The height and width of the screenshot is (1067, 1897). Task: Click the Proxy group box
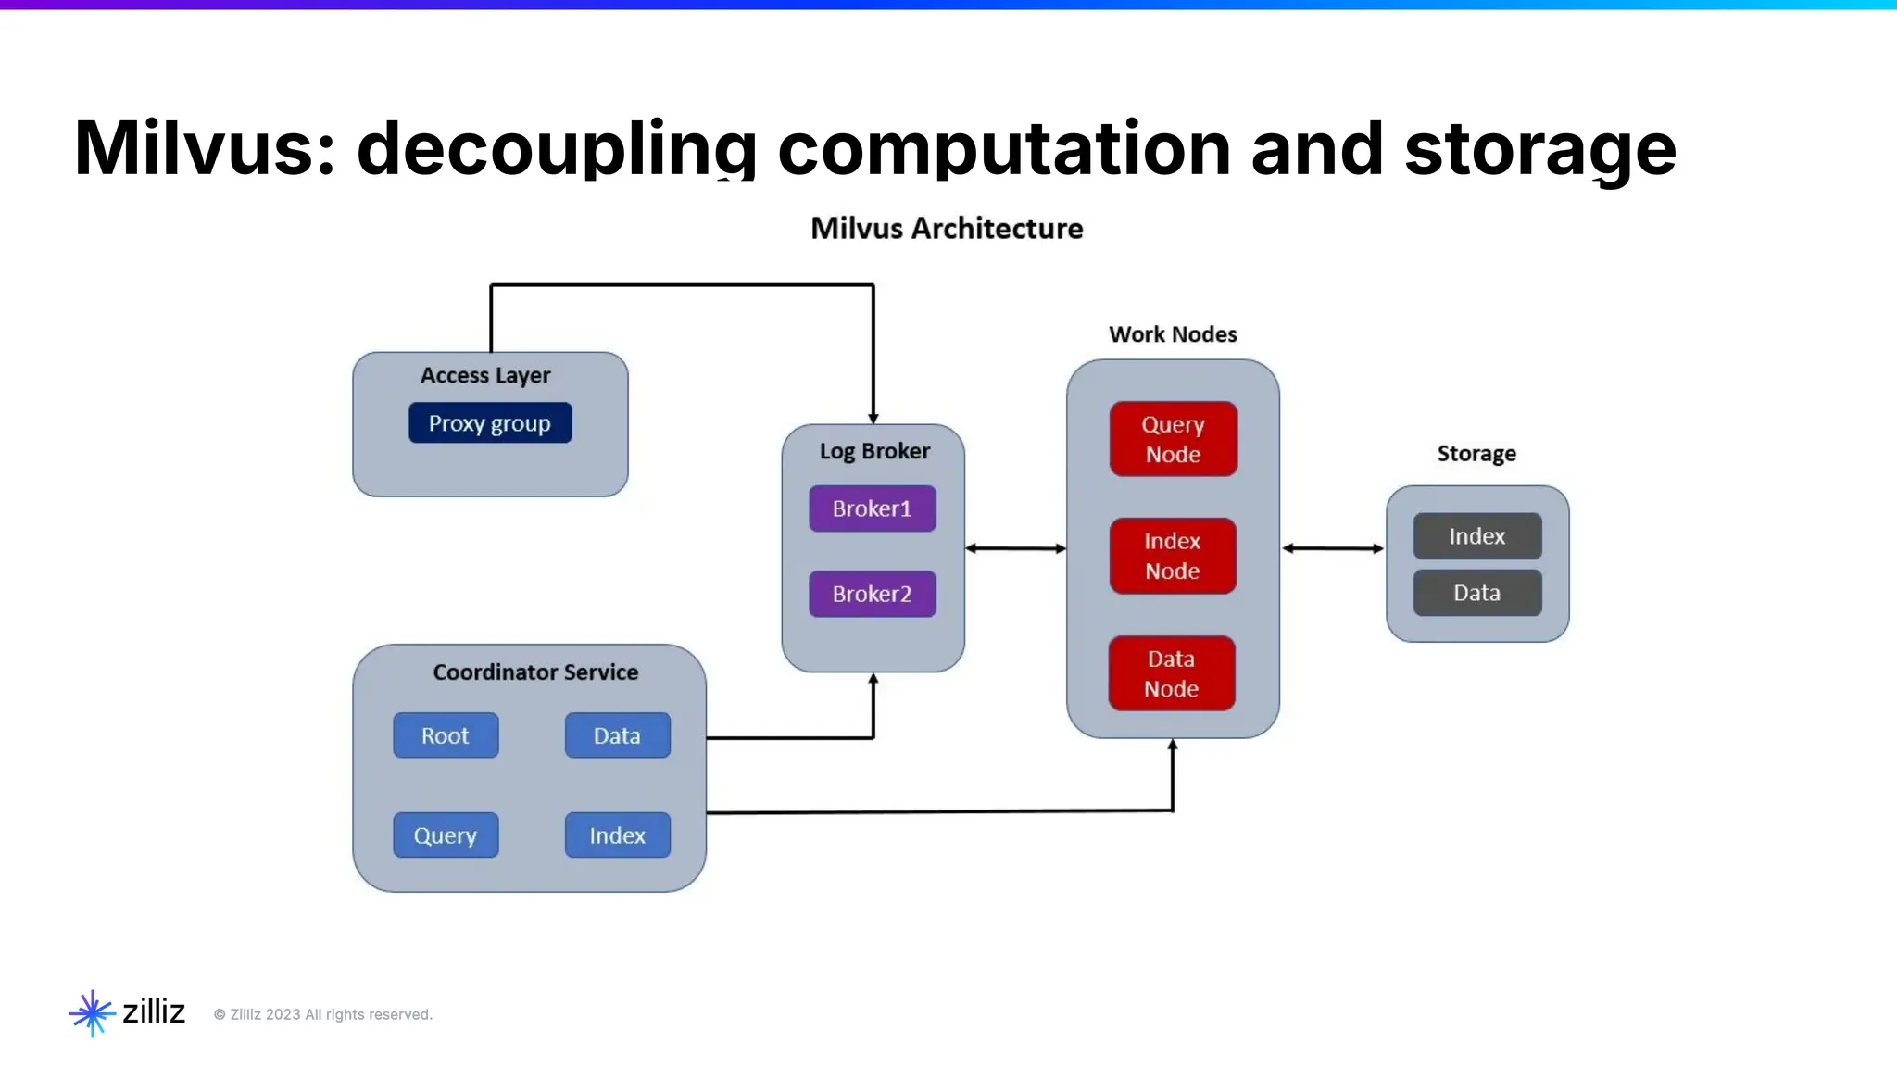490,423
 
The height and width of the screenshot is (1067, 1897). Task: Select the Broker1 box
872,508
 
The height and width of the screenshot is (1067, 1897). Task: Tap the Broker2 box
872,594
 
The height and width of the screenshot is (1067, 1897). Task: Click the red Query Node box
1173,439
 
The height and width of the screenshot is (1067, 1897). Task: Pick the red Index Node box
1172,556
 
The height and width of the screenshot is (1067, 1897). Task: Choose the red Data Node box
1171,673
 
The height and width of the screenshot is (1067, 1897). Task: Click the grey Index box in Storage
1476,536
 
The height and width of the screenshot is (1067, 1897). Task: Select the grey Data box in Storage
1476,593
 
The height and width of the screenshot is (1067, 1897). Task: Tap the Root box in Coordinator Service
446,735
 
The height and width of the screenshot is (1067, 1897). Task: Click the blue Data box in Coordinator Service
617,735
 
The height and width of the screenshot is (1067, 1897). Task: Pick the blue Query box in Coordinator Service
446,835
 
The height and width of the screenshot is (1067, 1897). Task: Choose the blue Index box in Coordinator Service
617,835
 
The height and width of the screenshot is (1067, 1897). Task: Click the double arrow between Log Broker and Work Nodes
1015,548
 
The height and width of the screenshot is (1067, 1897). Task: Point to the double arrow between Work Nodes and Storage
1332,548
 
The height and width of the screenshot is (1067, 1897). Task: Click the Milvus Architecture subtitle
947,228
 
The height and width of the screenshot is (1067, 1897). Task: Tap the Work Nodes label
1173,334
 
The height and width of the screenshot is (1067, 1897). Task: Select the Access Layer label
485,375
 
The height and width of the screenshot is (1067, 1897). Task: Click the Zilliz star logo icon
92,1012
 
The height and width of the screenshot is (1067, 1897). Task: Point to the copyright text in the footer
323,1014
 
